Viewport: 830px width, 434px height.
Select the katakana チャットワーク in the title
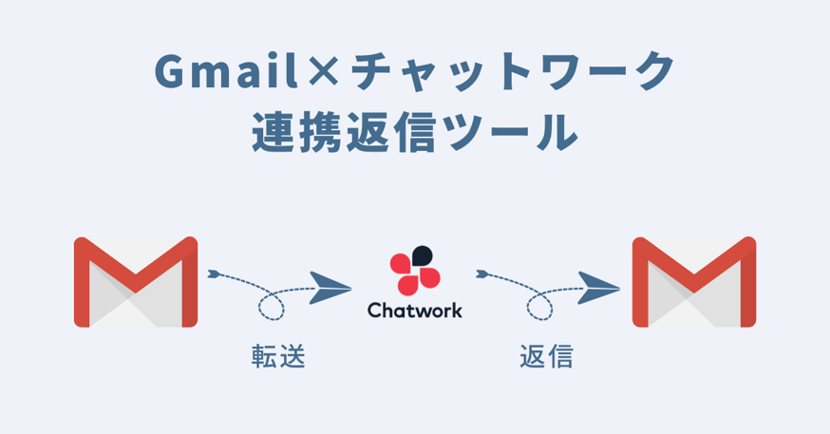coord(513,70)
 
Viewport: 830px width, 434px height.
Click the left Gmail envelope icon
coord(136,281)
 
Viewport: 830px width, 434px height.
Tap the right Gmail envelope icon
coord(694,281)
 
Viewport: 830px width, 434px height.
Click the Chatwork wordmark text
coord(415,311)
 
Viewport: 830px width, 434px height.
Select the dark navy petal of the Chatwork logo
coord(423,255)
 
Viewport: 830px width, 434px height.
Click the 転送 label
coord(278,356)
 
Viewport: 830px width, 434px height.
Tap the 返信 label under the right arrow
coord(546,356)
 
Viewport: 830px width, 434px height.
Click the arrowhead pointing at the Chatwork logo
coord(330,288)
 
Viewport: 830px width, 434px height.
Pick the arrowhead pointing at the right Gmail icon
coord(598,288)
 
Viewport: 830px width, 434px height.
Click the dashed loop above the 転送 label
coord(271,306)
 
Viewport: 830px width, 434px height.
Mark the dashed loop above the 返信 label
coord(539,306)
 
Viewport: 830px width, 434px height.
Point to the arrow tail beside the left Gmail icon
coord(214,274)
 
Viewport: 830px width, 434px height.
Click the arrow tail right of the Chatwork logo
coord(481,274)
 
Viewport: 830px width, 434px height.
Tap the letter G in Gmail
coord(170,70)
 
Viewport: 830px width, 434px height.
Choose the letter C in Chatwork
coord(375,311)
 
